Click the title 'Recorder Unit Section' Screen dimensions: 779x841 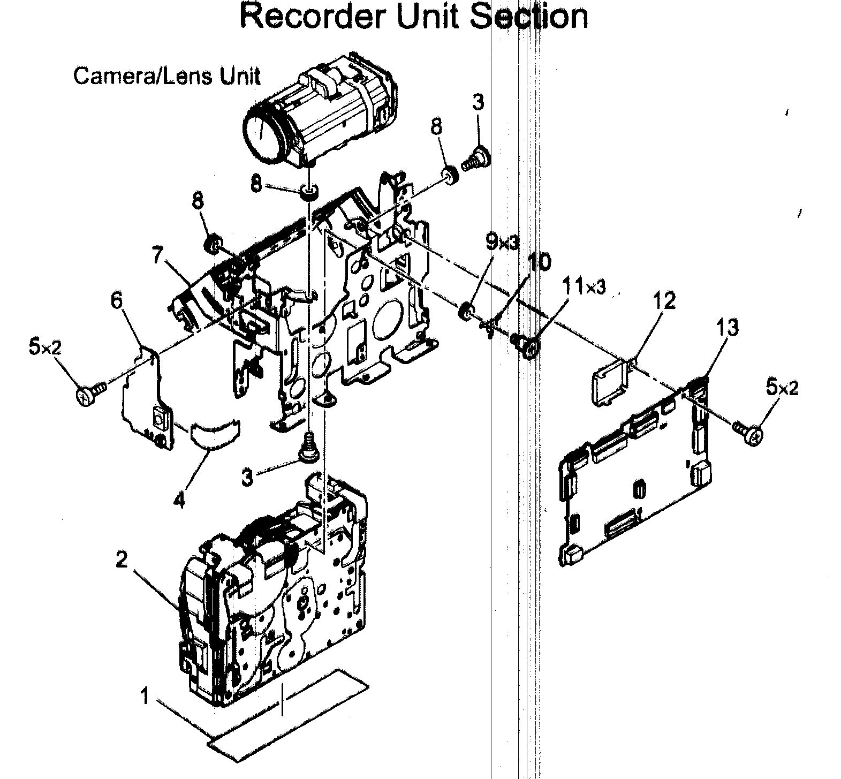pos(413,16)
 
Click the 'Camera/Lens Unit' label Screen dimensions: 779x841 pos(166,76)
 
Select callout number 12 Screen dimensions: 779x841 pos(664,301)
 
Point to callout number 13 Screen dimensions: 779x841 pos(726,327)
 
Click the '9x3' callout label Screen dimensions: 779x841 pos(502,244)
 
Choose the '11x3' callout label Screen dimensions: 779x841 pos(584,288)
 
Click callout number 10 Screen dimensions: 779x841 pos(539,263)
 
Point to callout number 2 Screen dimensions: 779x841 pos(122,560)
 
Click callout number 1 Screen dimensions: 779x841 pos(144,697)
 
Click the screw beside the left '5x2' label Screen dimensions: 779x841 pos(87,395)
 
